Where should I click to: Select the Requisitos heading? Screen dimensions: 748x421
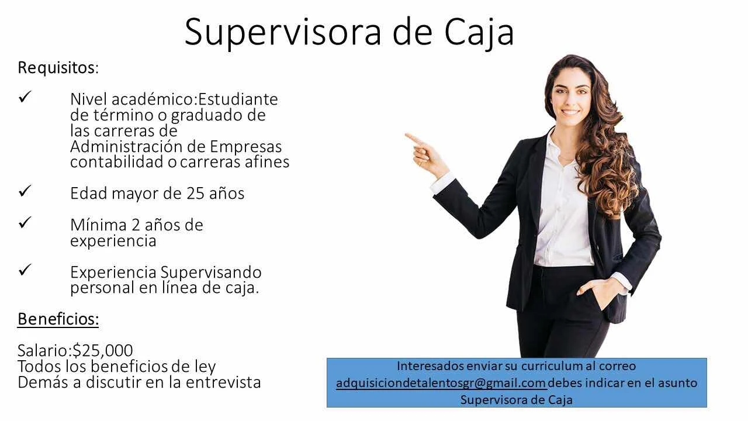pyautogui.click(x=58, y=68)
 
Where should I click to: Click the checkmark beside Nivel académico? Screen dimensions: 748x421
pyautogui.click(x=25, y=96)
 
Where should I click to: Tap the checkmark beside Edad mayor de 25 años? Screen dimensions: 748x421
pyautogui.click(x=25, y=191)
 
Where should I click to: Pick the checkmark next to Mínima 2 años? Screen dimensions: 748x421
pyautogui.click(x=25, y=222)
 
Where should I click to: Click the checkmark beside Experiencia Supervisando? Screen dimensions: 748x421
pyautogui.click(x=25, y=270)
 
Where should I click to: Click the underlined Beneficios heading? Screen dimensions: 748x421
pyautogui.click(x=58, y=319)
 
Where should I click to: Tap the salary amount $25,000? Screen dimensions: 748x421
pyautogui.click(x=103, y=350)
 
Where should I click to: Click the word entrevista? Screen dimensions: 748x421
pyautogui.click(x=223, y=382)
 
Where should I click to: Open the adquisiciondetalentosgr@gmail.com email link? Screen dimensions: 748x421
pyautogui.click(x=441, y=383)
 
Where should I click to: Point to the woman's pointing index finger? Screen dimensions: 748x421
pyautogui.click(x=414, y=138)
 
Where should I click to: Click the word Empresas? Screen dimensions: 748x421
pyautogui.click(x=246, y=147)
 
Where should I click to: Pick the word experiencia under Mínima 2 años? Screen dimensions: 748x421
pyautogui.click(x=113, y=241)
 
